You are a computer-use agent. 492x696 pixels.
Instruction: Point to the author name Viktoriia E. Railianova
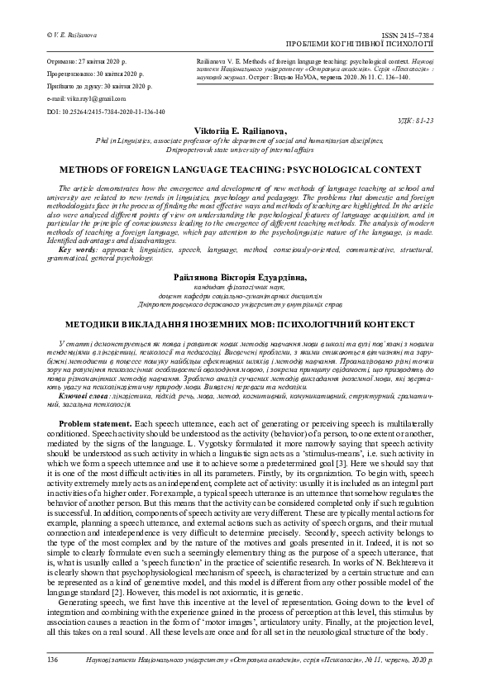coord(246,131)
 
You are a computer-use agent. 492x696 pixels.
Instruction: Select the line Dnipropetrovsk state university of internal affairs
coord(246,150)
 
